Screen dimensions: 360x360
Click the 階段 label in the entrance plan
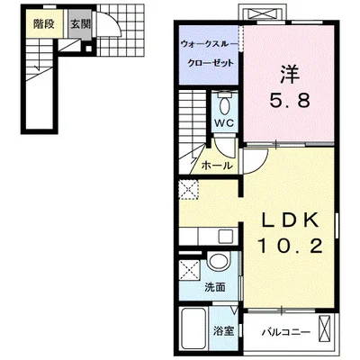41,25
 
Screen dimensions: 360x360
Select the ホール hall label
215,166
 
